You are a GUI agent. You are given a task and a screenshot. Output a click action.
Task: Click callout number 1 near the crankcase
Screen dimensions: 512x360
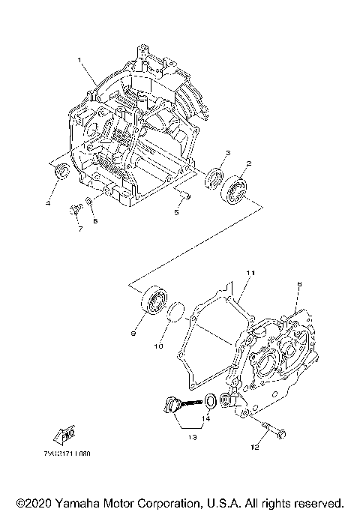78,59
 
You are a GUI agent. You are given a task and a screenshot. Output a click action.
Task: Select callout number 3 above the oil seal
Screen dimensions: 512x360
228,153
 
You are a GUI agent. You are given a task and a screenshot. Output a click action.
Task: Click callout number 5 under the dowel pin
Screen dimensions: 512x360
176,212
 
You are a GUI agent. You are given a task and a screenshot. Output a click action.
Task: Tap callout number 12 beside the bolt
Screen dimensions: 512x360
255,448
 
